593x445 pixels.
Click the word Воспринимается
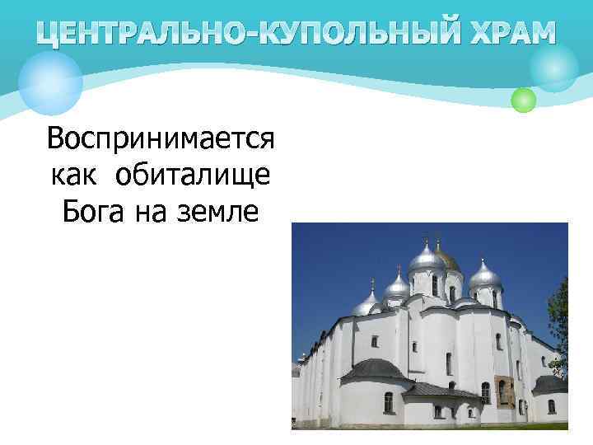[x=160, y=139]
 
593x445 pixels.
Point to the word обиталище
[x=194, y=175]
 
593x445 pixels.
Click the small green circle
[x=523, y=101]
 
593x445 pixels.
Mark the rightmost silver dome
[x=485, y=275]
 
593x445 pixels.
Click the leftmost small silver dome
[x=365, y=306]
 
